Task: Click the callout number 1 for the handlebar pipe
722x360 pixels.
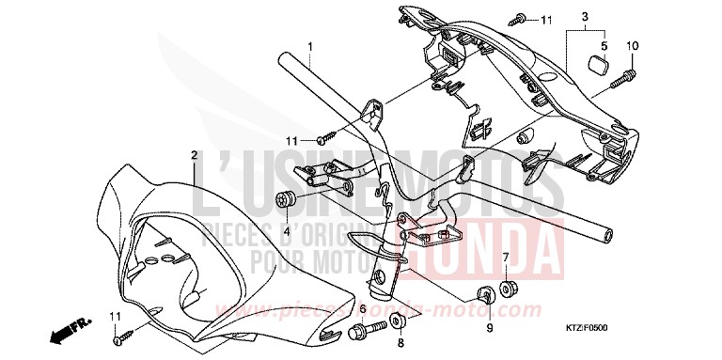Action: [310, 45]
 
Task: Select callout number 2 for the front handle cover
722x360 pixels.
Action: [194, 154]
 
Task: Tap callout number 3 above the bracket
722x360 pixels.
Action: [584, 17]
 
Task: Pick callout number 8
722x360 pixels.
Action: [399, 345]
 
